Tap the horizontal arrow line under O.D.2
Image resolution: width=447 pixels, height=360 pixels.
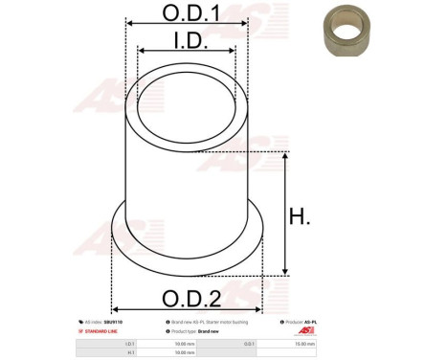click(x=186, y=309)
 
